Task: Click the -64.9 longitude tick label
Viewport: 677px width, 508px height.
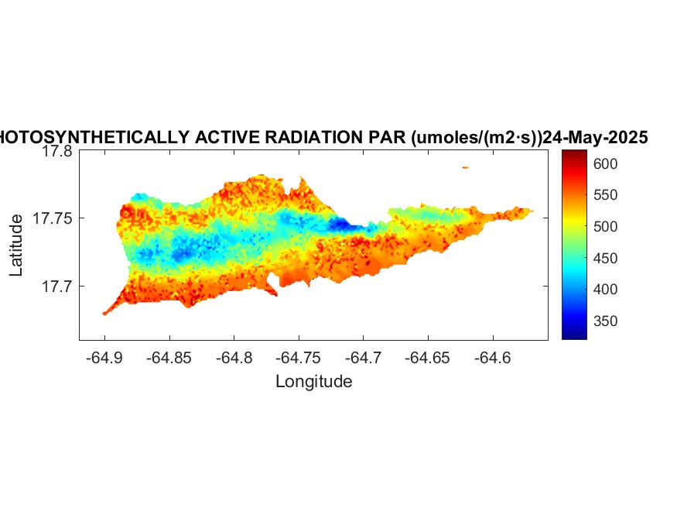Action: [104, 358]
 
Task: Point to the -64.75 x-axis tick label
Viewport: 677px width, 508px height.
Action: [299, 358]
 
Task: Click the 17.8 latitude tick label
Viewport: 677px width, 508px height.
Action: [57, 152]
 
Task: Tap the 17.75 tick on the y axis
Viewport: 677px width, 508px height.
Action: [53, 219]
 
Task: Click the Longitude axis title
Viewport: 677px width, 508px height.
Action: [313, 381]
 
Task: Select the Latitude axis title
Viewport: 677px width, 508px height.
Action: [16, 245]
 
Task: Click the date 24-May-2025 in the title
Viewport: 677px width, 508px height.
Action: [595, 138]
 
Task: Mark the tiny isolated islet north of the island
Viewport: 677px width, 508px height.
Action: [465, 166]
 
